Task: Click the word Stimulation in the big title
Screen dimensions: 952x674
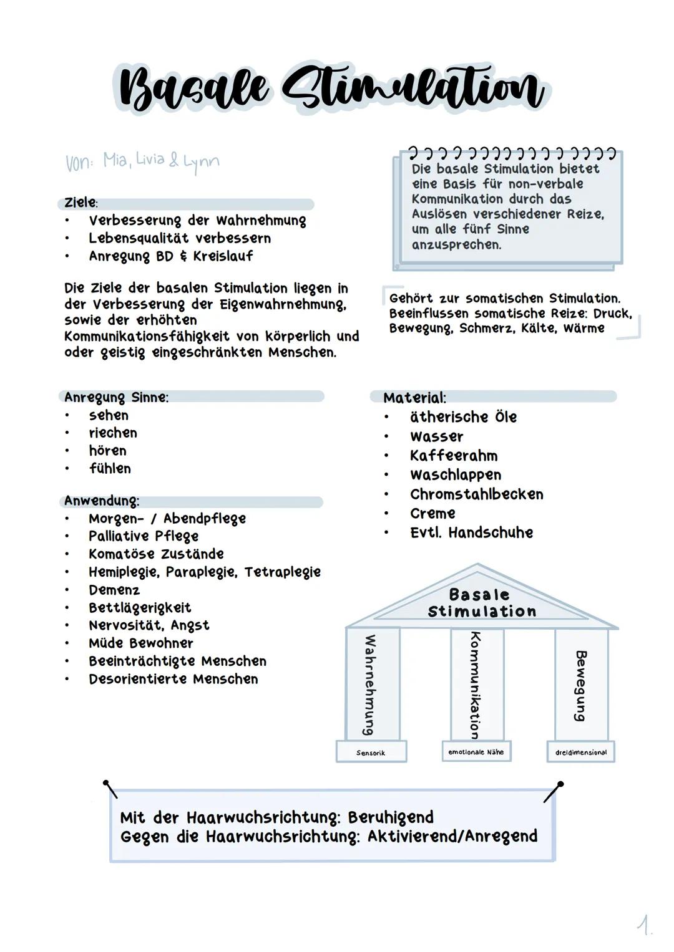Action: point(412,89)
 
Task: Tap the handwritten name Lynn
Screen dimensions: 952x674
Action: point(201,161)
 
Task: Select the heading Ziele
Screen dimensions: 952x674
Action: point(81,203)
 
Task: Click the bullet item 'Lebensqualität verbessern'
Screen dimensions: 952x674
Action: point(180,238)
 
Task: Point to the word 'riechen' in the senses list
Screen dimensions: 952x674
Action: point(113,433)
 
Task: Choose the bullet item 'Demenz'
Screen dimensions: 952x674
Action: point(114,590)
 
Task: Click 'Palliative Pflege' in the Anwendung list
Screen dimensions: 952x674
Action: point(144,536)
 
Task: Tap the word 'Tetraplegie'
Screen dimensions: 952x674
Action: point(283,572)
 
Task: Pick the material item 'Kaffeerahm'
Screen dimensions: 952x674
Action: point(454,456)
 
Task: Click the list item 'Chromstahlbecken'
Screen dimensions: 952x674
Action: point(477,494)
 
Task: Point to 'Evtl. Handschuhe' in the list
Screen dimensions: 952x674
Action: point(471,532)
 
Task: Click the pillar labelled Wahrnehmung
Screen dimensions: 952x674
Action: point(372,684)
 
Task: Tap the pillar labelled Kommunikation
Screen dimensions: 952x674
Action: point(476,684)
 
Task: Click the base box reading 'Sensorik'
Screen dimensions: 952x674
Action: point(371,752)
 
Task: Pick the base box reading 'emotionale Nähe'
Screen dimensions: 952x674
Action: point(476,752)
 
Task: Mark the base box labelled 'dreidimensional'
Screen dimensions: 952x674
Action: point(581,752)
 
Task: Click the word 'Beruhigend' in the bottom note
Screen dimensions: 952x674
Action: point(391,817)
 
